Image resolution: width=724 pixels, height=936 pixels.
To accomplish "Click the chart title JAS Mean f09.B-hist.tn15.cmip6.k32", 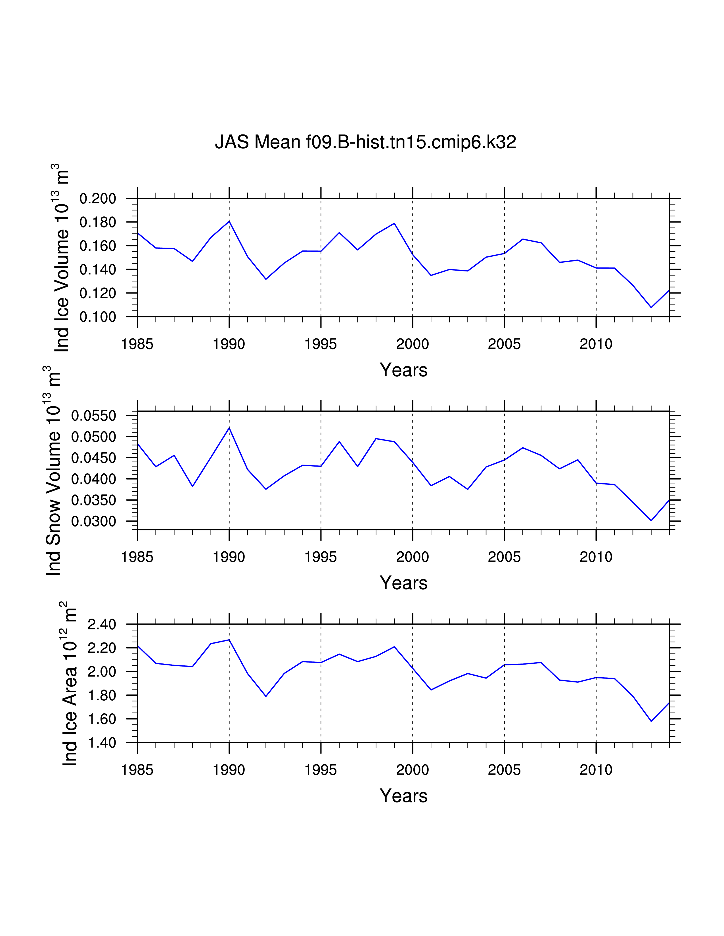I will tap(365, 142).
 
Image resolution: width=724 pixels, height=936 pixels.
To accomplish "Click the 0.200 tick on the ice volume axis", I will tap(98, 199).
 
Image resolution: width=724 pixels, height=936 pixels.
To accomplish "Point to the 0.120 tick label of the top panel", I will tap(98, 294).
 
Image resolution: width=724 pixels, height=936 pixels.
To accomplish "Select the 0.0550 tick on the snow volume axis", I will tap(93, 416).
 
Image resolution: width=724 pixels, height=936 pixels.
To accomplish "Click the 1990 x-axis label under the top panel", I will tap(229, 344).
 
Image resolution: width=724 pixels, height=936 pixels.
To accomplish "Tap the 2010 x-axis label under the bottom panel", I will tap(596, 770).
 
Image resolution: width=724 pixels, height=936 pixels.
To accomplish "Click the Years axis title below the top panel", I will tap(404, 370).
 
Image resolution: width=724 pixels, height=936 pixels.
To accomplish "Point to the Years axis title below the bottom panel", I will tap(404, 796).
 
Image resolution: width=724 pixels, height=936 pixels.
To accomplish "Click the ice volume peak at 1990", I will tap(229, 221).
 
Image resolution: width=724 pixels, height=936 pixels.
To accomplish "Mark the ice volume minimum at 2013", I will tap(651, 307).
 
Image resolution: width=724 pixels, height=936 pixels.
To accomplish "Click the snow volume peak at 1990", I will tap(229, 428).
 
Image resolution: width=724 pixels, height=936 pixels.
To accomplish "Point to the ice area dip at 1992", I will tap(266, 696).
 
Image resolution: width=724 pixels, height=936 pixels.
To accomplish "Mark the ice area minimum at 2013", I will tap(651, 721).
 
